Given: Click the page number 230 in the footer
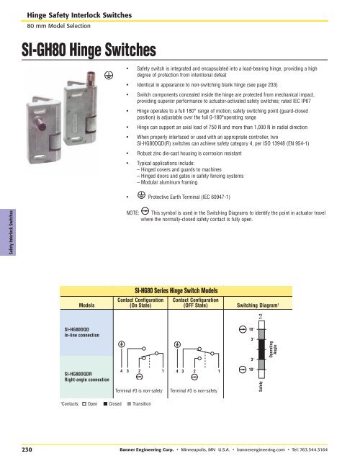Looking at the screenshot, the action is pos(27,449).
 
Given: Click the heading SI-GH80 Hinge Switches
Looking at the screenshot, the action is pos(89,50).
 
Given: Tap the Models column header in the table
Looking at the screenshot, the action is pos(86,305).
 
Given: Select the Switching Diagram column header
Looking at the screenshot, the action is pos(258,305).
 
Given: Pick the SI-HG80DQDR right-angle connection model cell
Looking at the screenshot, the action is pos(86,377).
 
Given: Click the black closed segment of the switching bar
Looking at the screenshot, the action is pos(261,349).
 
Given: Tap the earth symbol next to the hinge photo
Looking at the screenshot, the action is pos(109,76).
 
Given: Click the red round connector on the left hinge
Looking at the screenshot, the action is pos(40,124).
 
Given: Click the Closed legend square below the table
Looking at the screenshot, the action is pos(105,403).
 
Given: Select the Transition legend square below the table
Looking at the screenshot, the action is pos(129,403).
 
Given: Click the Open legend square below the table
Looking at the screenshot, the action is pos(84,403).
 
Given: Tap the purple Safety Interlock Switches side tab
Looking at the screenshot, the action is pos(8,232).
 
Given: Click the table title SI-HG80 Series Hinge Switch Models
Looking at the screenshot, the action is pos(176,291).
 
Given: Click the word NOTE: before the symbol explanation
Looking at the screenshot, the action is pos(132,212).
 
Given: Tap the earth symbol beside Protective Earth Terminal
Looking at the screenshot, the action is pos(141,195).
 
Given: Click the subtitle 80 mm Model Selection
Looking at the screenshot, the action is pos(58,26).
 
